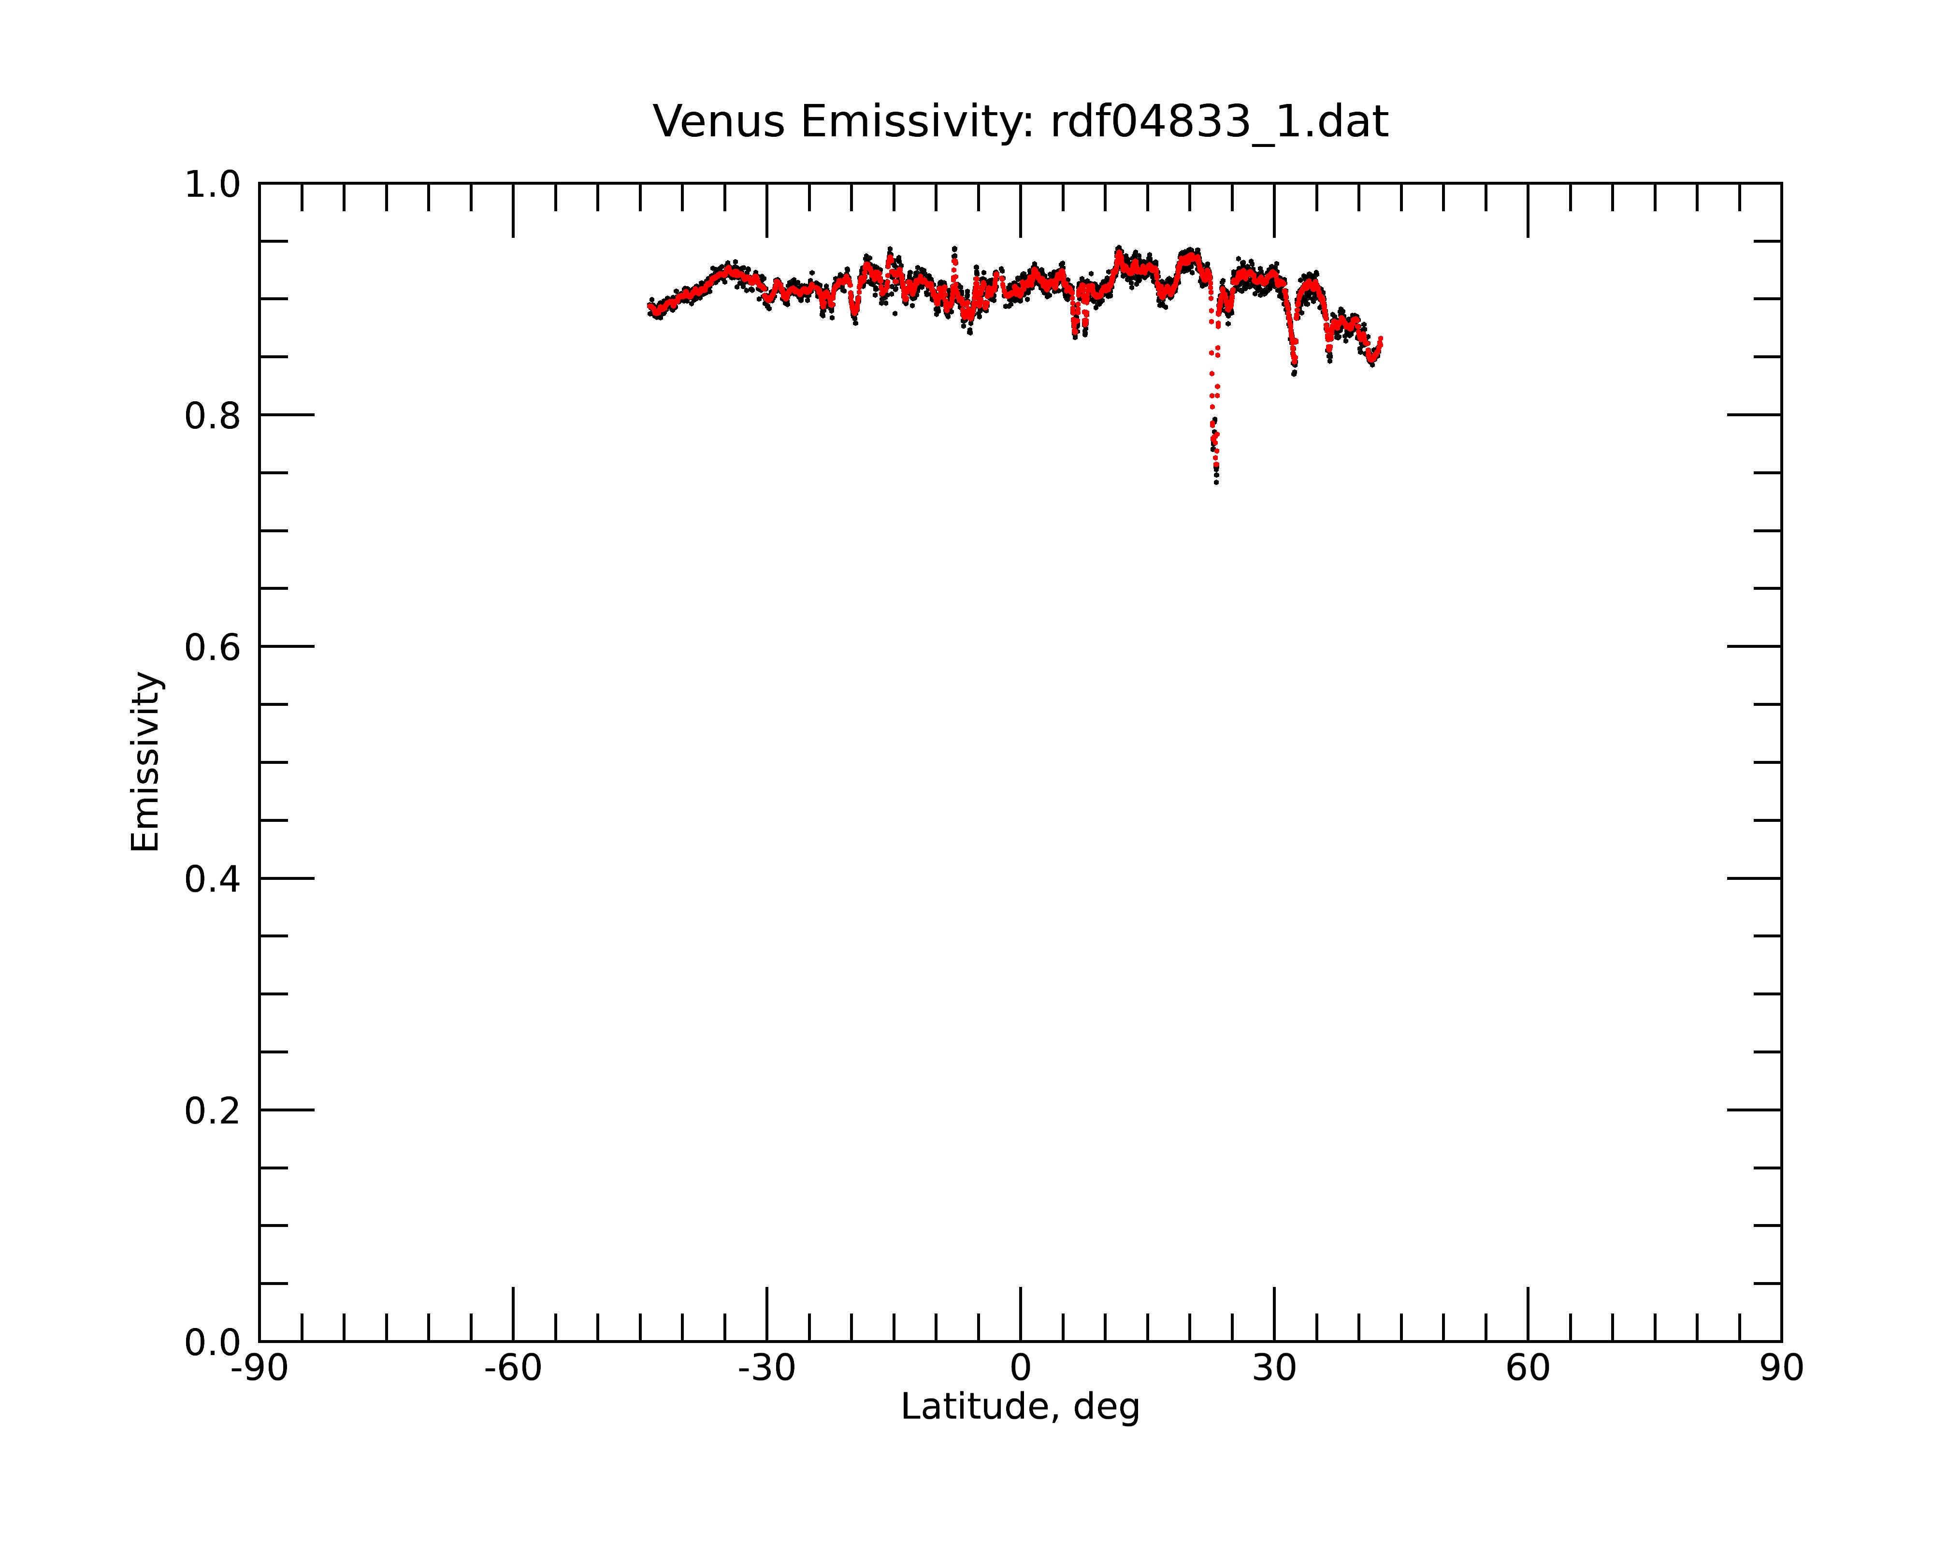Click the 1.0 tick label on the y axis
pos(213,185)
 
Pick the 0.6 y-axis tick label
pos(213,647)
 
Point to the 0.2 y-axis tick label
pos(213,1111)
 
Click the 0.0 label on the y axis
pos(213,1343)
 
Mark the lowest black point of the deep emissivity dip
pos(1217,482)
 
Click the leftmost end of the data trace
pos(649,307)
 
